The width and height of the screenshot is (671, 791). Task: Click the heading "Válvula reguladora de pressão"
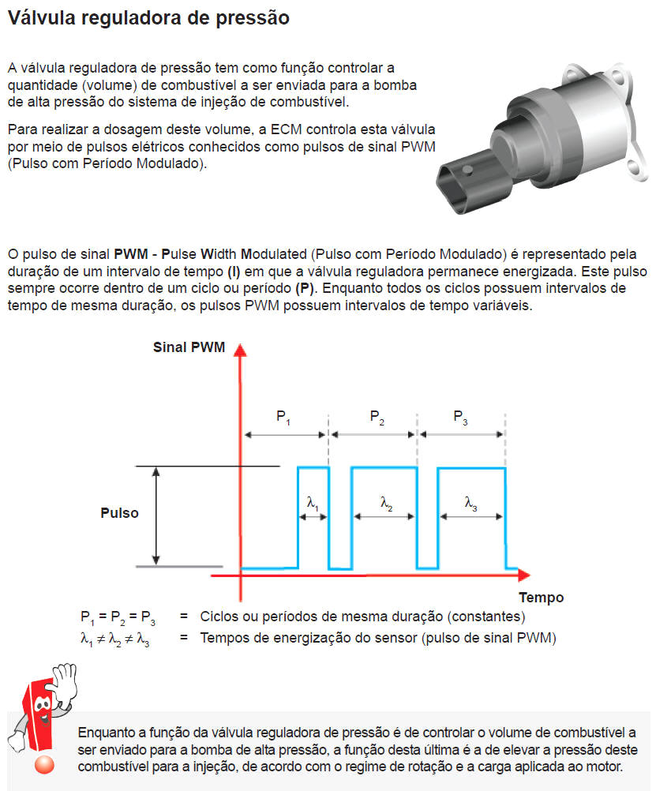[x=148, y=18]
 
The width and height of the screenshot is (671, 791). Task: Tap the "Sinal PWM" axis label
[x=189, y=347]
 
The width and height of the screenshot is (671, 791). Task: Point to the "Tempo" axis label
[x=541, y=597]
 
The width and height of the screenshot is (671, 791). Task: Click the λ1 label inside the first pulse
[x=313, y=502]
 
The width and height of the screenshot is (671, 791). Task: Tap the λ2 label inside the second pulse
[x=386, y=502]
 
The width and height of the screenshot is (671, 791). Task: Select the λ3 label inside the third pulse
[x=470, y=502]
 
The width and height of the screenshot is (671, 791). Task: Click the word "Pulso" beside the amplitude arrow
[x=119, y=513]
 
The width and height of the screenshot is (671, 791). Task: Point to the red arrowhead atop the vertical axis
[x=241, y=351]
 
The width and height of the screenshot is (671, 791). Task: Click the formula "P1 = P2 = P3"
[x=118, y=617]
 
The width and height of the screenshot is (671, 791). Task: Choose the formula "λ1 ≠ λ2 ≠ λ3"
[x=115, y=639]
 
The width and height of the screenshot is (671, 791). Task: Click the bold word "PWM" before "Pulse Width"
[x=131, y=254]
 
